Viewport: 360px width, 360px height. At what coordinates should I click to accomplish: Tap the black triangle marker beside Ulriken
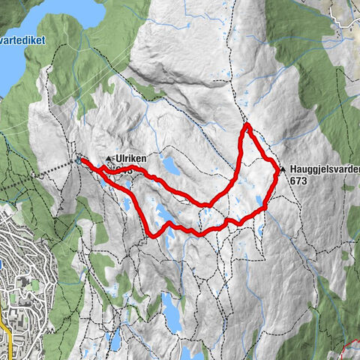pos(109,159)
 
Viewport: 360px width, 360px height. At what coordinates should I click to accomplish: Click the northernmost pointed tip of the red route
pos(246,124)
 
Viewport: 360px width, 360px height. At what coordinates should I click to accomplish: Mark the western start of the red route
pos(81,160)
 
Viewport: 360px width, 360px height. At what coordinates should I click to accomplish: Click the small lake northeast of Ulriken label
pos(170,163)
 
